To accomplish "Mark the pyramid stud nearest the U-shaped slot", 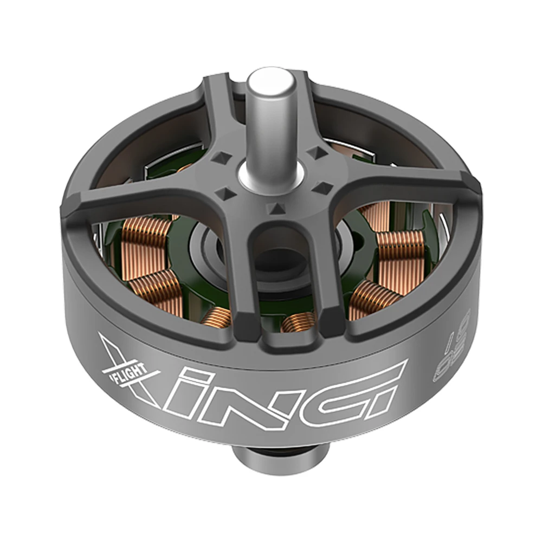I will tap(276, 207).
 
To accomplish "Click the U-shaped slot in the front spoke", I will tap(278, 255).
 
